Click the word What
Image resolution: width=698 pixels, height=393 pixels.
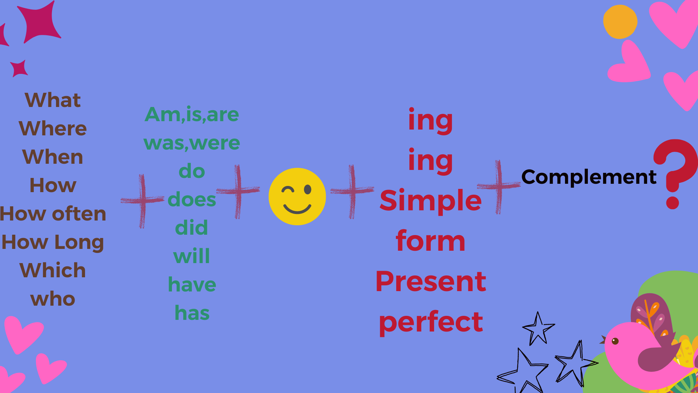tap(53, 100)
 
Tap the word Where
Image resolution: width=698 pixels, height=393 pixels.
tap(53, 128)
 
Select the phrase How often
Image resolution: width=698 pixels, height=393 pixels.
tap(53, 214)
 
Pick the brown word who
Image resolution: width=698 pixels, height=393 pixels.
tap(53, 299)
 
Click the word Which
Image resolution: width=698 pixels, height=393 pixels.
tap(53, 270)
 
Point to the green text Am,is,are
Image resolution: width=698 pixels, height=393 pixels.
tap(192, 115)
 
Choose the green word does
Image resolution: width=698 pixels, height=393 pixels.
tap(192, 199)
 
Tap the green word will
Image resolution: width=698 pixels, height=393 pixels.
tap(192, 256)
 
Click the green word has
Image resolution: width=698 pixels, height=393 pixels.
tap(192, 313)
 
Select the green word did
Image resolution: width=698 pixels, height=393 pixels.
tap(192, 228)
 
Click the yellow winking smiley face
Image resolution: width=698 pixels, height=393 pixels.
tap(297, 196)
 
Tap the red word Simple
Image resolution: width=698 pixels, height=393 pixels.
tap(431, 201)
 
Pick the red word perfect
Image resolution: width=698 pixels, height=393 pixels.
tap(431, 322)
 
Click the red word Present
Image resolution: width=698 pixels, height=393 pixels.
tap(431, 282)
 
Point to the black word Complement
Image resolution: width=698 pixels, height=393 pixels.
tap(589, 178)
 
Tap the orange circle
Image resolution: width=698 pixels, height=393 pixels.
tap(620, 22)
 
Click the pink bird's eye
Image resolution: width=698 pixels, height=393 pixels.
tap(615, 341)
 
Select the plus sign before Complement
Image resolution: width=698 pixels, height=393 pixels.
tap(499, 187)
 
